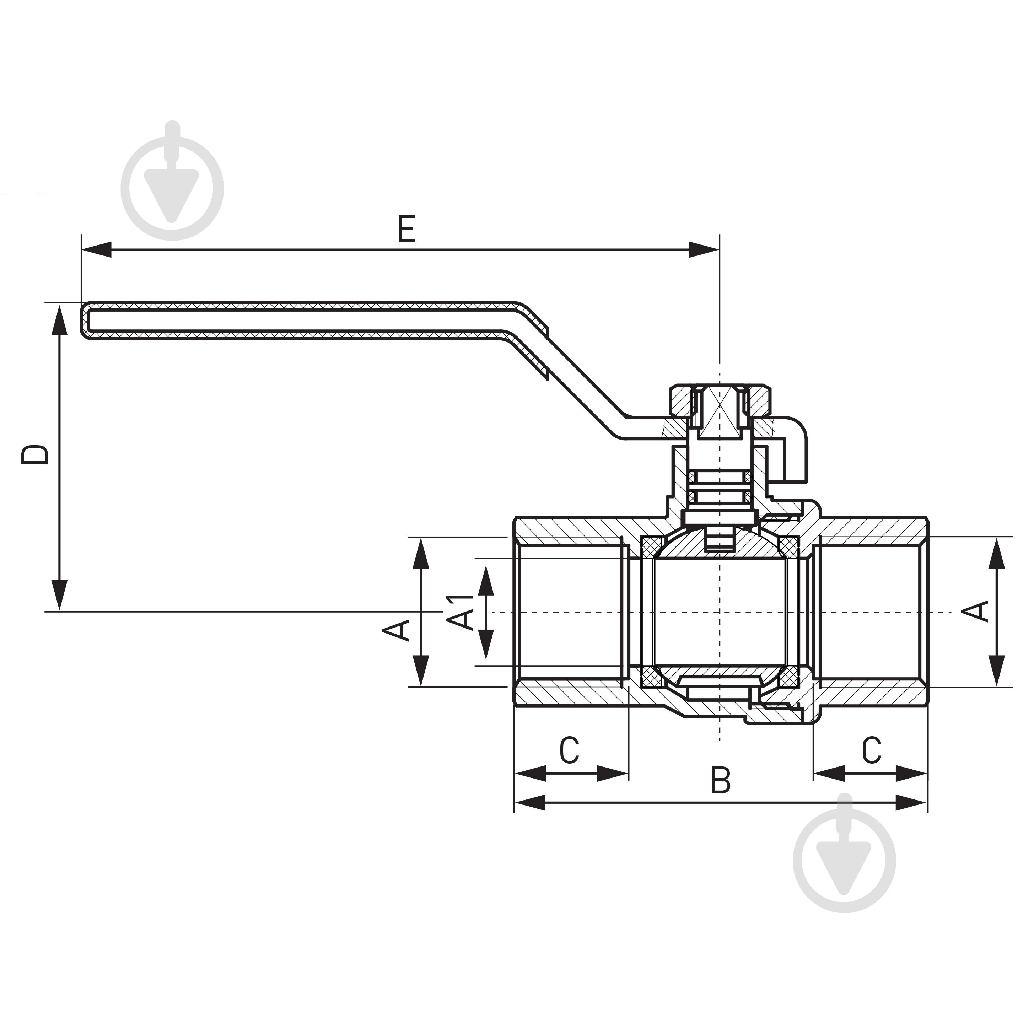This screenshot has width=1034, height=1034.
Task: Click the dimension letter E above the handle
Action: point(407,229)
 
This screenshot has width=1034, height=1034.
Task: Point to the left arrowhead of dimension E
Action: point(96,249)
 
